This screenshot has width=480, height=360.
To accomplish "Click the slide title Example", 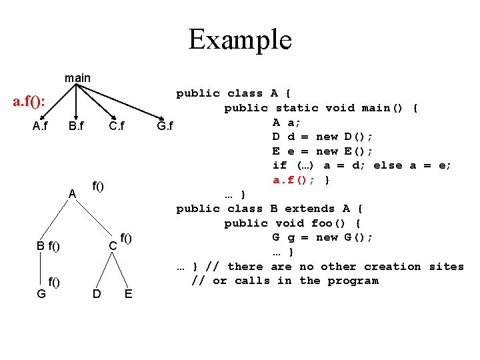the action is coord(240,39).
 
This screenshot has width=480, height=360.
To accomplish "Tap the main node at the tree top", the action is coord(77,78).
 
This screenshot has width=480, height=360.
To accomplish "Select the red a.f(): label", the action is coord(30,102).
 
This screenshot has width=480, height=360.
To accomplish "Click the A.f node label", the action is coord(40,126).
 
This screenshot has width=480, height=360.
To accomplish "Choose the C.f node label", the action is coord(117,126).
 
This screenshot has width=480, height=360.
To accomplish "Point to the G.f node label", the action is coord(165,126).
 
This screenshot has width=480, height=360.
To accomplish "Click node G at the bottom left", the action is coord(41,293).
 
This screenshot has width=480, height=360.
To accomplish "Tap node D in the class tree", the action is coord(97,293).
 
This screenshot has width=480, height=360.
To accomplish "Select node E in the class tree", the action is coord(127,293).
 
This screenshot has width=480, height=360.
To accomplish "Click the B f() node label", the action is coord(48,247).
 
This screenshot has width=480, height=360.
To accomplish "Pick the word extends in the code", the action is coord(309,209).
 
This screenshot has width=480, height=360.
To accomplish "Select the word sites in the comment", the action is coord(446,267).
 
